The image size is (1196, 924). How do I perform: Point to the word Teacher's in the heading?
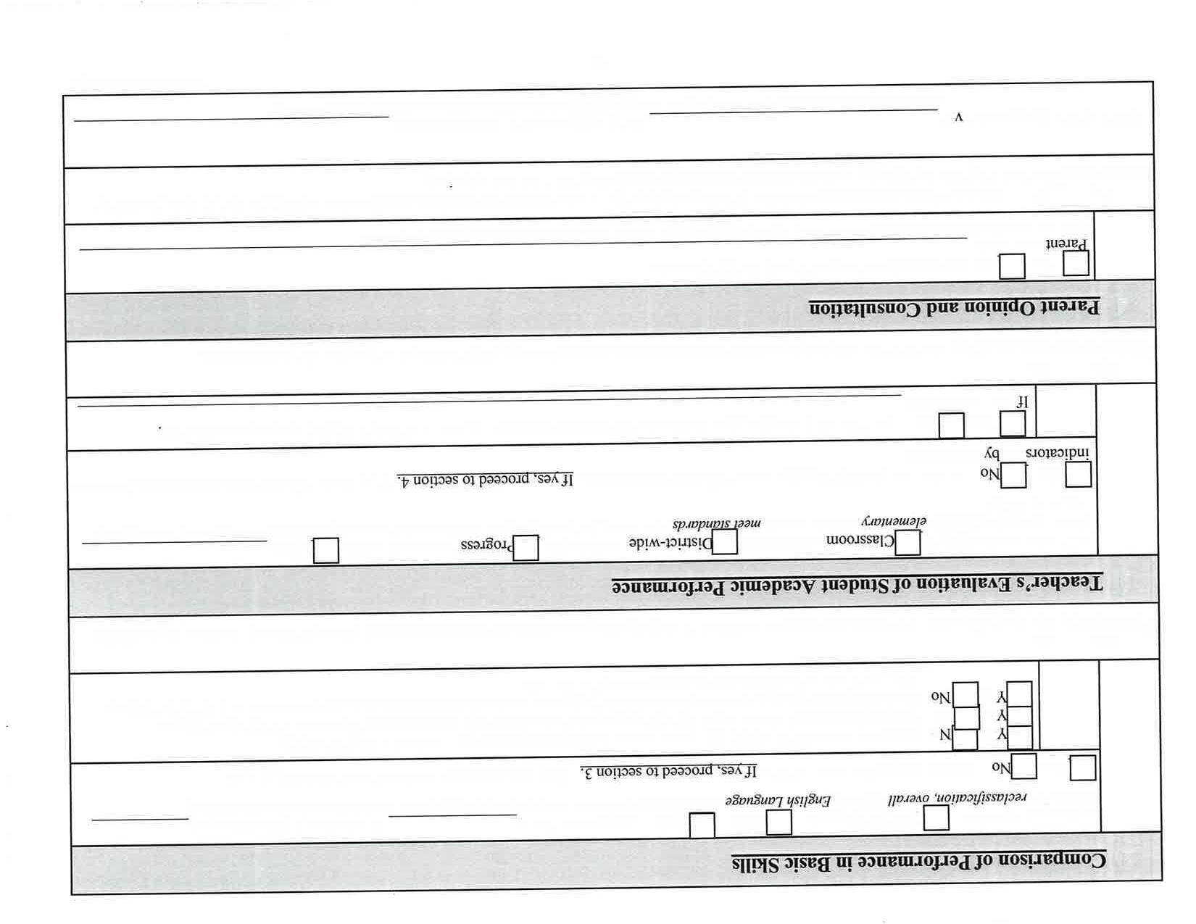1064,583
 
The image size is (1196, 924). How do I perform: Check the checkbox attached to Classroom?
908,542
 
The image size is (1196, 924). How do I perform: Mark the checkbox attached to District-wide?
725,542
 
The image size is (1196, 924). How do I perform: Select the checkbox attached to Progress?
526,548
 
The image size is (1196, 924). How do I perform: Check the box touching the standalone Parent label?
1076,263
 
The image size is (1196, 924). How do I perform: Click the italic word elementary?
894,521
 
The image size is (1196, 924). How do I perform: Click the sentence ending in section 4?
485,479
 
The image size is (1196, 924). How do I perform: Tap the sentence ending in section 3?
668,770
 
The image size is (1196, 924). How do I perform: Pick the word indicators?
1058,452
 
